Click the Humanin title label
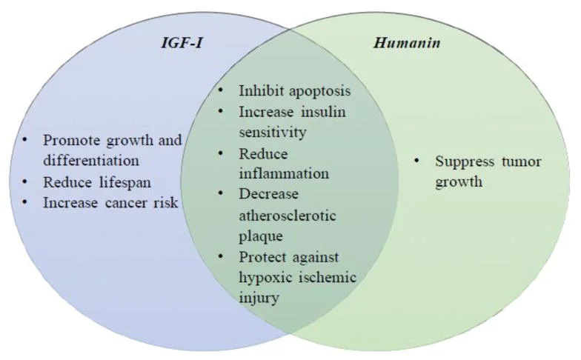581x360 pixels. [406, 43]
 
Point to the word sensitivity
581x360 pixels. [272, 133]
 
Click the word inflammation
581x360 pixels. [284, 174]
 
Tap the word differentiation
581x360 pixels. [91, 159]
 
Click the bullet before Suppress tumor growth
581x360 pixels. [418, 161]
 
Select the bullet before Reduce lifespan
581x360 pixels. [27, 180]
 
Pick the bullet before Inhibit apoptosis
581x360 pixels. [222, 92]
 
